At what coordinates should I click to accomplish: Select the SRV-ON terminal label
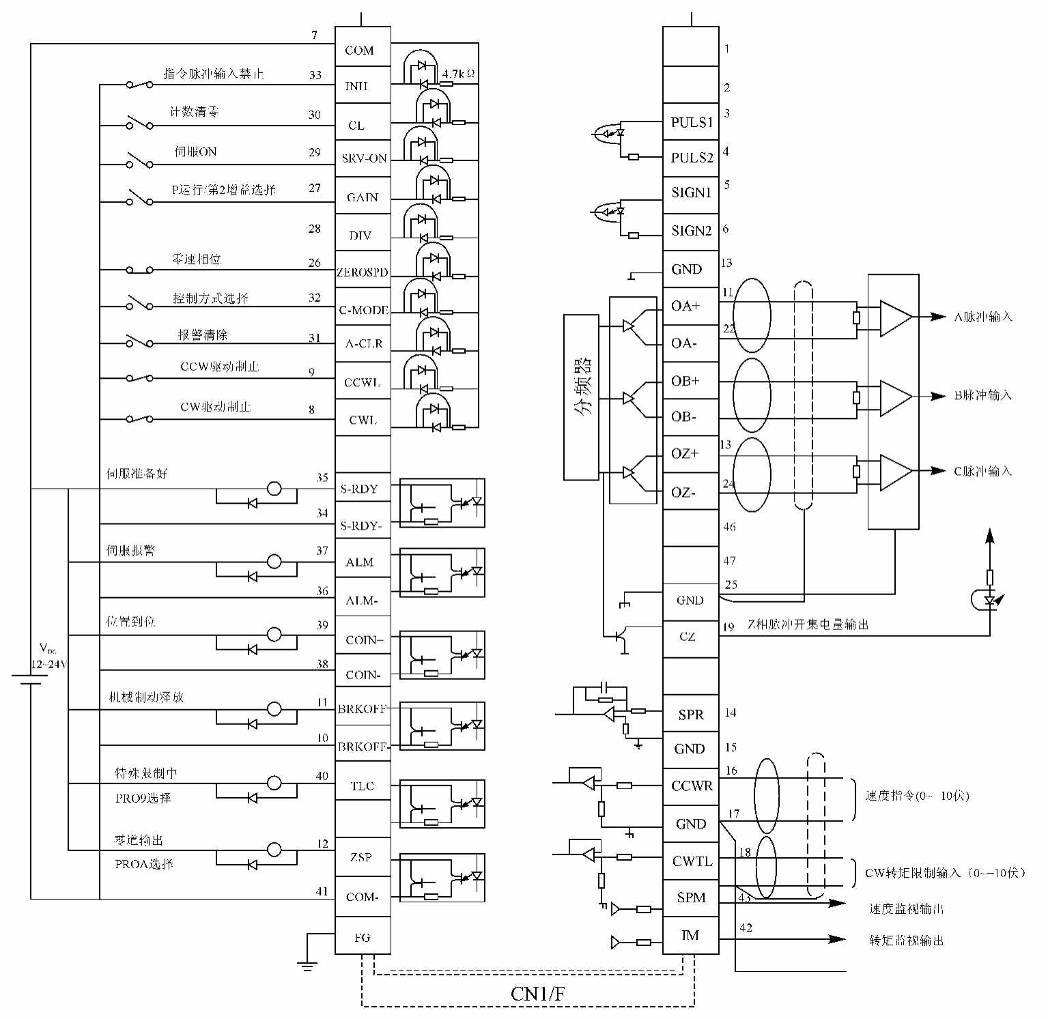tap(363, 158)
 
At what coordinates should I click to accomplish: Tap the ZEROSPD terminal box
tap(363, 271)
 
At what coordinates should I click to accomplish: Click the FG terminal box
tap(363, 936)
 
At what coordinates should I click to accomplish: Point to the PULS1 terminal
tap(691, 122)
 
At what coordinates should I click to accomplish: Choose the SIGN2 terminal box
tap(691, 231)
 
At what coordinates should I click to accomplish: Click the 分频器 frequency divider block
tap(581, 397)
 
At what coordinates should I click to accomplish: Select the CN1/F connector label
tap(538, 994)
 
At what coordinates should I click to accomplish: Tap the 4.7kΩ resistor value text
tap(458, 73)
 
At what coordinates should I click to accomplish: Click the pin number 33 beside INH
tap(315, 75)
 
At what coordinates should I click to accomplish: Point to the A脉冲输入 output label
tap(982, 317)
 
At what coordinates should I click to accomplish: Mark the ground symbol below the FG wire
tap(307, 965)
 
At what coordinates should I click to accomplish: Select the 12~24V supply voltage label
tap(48, 664)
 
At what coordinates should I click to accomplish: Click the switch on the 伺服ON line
tap(140, 162)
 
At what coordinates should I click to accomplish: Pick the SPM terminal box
tap(691, 898)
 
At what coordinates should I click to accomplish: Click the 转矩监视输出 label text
tap(906, 941)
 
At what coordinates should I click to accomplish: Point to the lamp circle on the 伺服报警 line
tap(274, 562)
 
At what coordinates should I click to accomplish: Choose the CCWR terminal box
tap(691, 786)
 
